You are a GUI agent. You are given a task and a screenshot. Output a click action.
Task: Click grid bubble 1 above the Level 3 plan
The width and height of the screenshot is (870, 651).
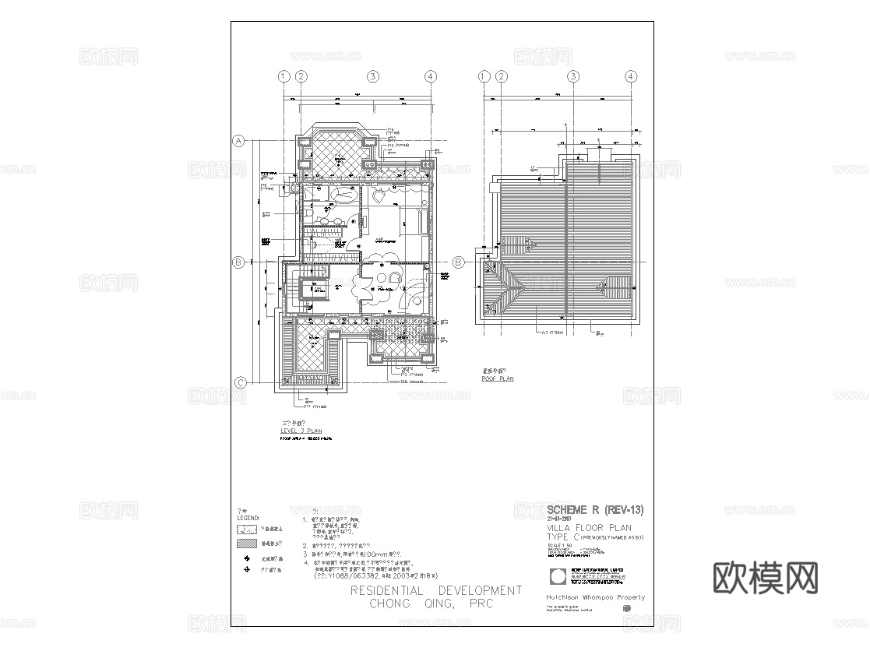(284, 76)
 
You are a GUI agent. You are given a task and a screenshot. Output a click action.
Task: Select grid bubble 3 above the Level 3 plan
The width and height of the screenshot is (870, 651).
(374, 76)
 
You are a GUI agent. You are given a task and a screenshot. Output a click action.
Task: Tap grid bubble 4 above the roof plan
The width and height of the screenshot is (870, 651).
(631, 76)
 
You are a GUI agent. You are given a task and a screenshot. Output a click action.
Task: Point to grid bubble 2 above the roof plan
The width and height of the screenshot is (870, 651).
(502, 76)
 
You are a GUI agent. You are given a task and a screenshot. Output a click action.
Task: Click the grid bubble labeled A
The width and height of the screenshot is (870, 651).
(240, 141)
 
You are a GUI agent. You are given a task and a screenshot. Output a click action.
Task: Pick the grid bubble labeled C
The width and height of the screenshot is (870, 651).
(241, 382)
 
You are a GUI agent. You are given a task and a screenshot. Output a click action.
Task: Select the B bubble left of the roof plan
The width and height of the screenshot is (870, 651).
(459, 262)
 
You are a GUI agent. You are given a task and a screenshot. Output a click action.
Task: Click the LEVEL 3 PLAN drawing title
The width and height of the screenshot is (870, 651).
(301, 430)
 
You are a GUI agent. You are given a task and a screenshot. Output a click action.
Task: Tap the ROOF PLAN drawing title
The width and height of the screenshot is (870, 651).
(498, 378)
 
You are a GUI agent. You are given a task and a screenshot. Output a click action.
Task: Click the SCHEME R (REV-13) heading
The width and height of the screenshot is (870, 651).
(595, 510)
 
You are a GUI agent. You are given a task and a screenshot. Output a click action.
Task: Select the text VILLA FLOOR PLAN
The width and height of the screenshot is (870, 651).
(589, 527)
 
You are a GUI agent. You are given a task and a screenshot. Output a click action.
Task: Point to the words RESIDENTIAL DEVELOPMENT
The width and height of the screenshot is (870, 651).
(435, 591)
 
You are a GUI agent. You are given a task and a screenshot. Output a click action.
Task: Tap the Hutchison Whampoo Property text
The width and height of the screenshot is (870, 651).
(596, 598)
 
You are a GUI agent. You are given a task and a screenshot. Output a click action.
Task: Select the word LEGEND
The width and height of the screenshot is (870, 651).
(248, 517)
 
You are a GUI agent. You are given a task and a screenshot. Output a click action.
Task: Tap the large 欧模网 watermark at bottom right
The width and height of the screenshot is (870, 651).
(766, 578)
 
